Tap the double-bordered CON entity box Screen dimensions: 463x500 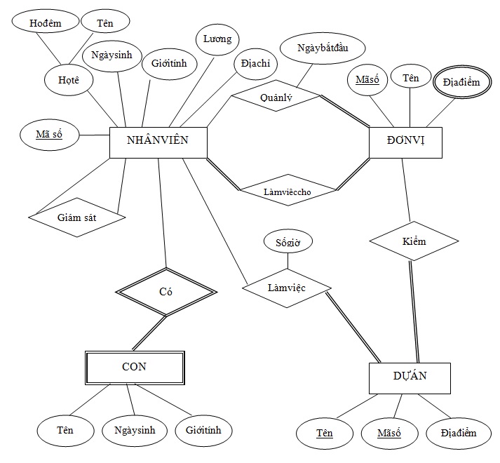point(135,367)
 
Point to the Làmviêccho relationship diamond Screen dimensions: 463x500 point(287,191)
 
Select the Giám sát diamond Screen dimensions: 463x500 point(76,217)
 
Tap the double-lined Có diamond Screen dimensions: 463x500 point(166,292)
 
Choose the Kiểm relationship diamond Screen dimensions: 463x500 point(414,242)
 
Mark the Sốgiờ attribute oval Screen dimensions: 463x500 point(288,243)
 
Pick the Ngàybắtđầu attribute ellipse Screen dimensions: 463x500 point(322,48)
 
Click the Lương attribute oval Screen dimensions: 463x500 point(217,39)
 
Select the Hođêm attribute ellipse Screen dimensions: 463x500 point(46,23)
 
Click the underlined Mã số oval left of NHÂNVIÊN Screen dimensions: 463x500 point(48,133)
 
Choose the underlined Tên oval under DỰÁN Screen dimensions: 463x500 point(324,433)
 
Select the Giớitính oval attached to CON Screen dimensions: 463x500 point(203,429)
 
